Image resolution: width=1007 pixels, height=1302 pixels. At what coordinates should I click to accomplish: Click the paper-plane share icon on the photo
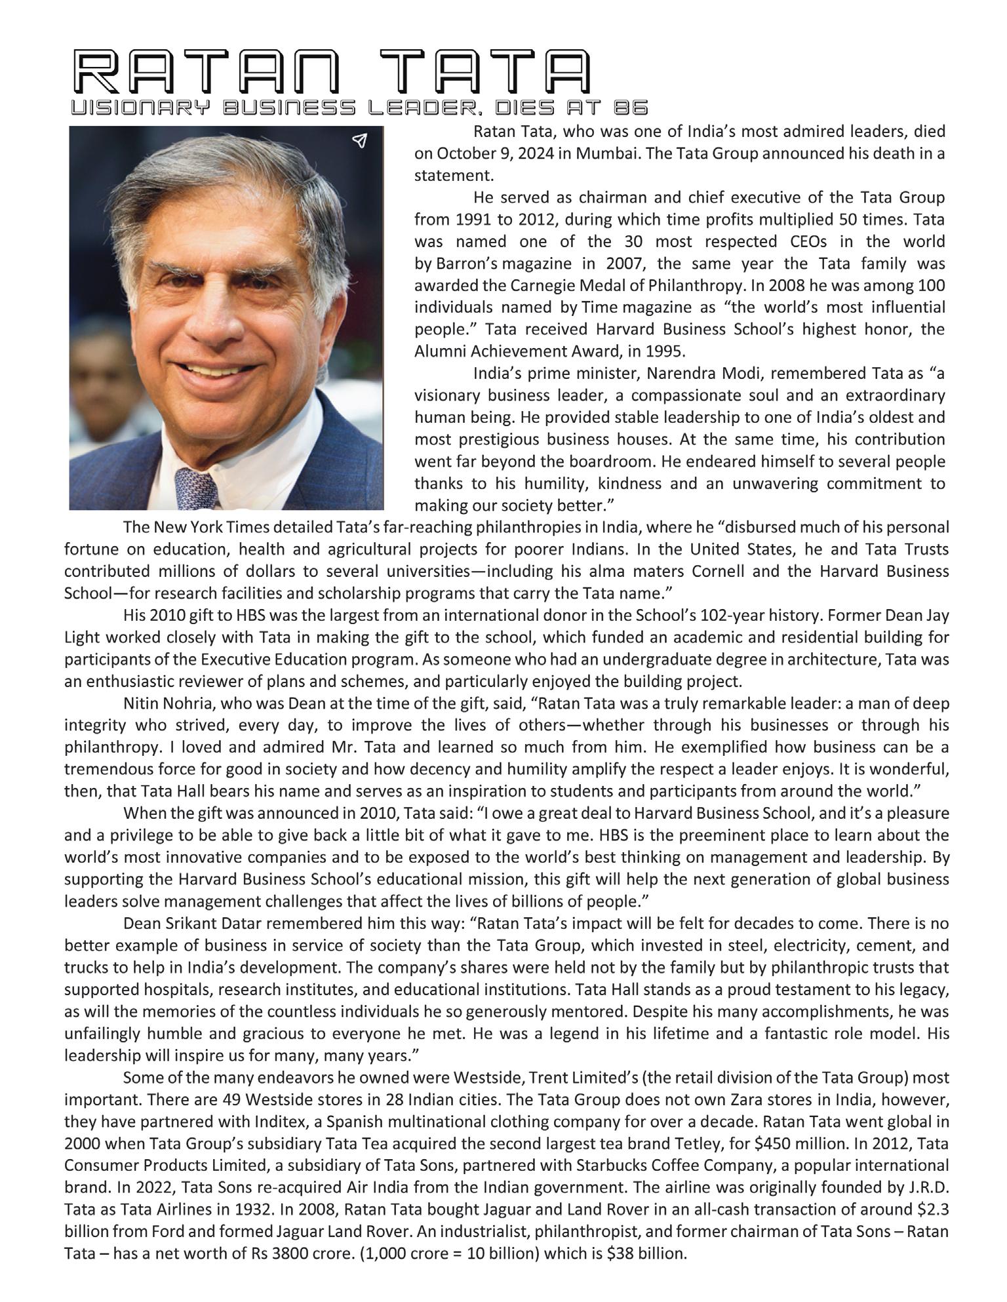[x=359, y=140]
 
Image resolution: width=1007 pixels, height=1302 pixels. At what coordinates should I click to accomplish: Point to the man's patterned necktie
[x=197, y=489]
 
